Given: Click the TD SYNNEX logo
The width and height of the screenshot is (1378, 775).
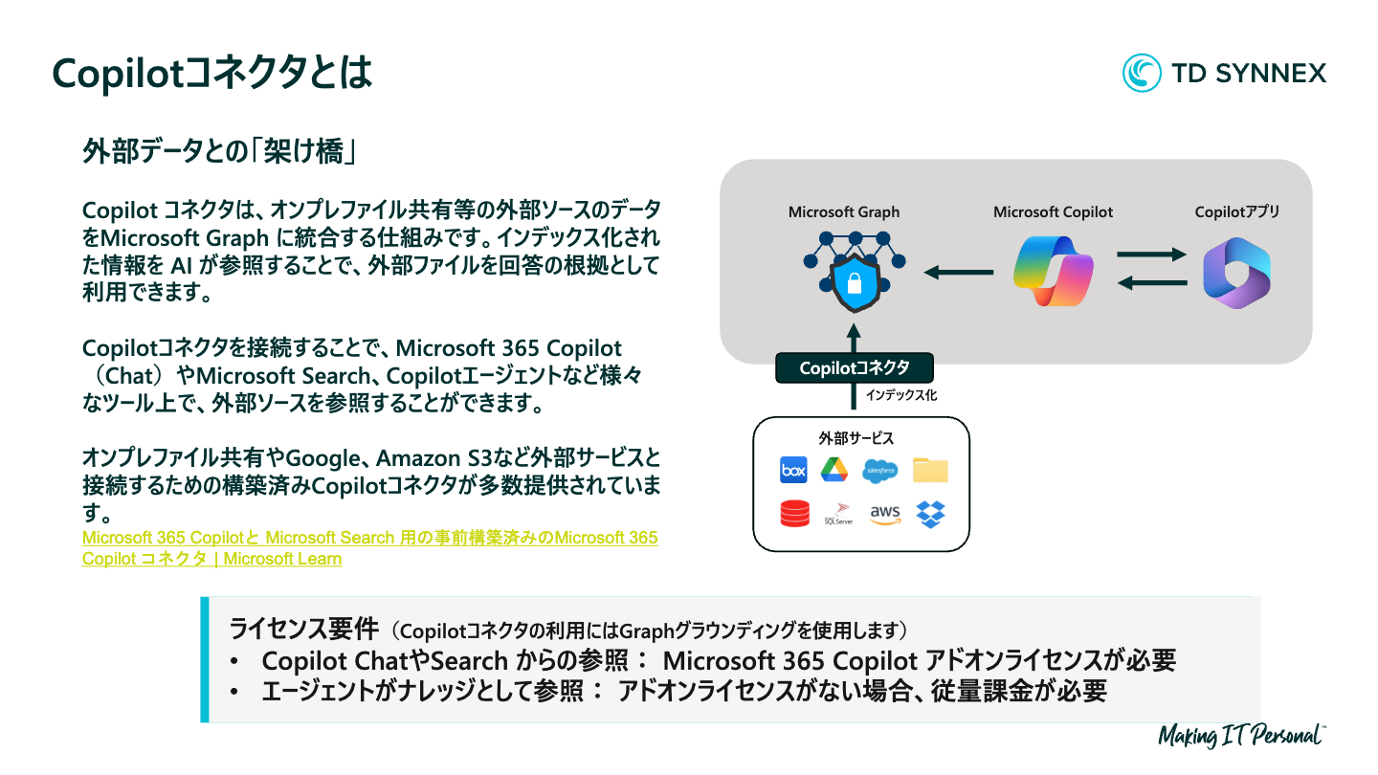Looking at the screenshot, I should (x=1224, y=73).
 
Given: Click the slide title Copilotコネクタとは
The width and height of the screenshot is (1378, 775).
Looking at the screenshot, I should (x=211, y=73).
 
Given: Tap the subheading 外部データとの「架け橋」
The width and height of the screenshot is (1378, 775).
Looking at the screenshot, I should (x=220, y=152).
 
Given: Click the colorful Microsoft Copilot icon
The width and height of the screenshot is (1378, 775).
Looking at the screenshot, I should (x=1053, y=272).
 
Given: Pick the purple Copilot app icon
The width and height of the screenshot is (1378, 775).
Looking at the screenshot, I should (x=1236, y=273).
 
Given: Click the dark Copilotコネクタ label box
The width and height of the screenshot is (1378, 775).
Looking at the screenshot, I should (x=854, y=368).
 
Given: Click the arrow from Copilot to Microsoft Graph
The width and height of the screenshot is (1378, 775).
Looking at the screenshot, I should (x=958, y=273).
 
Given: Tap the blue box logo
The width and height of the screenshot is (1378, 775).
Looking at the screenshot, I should (x=793, y=470).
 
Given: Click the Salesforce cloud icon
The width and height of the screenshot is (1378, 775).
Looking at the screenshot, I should (x=879, y=470).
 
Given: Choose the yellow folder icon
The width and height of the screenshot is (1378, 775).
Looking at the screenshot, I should (x=929, y=470).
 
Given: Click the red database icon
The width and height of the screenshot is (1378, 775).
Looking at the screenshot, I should (x=794, y=514).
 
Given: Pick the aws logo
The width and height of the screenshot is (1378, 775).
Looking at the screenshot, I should (x=885, y=514).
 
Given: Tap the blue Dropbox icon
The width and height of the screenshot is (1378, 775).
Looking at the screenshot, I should (x=930, y=514).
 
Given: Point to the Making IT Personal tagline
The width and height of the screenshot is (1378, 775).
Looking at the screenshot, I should (x=1241, y=735).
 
